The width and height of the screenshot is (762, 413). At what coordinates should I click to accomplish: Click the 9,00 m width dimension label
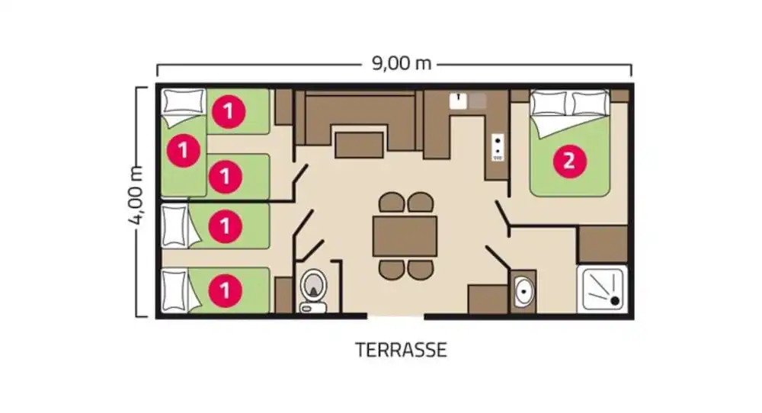point(402,63)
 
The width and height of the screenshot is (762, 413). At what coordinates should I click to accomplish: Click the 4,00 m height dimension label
point(136,195)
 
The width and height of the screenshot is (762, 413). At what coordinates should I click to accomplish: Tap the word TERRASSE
point(401,350)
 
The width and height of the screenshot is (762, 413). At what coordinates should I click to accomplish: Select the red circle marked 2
point(569,161)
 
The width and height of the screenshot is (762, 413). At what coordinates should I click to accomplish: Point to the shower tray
point(602,289)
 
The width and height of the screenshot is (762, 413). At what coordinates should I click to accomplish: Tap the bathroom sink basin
point(523,291)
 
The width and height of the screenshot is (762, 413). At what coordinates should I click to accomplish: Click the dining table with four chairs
point(405,236)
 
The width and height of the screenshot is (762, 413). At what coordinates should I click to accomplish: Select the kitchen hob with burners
point(498,147)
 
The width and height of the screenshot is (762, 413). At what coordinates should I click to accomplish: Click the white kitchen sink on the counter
point(458,101)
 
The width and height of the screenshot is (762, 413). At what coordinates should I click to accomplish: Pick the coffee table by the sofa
point(359,145)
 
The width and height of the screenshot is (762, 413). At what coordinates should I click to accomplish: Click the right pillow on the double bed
point(590,104)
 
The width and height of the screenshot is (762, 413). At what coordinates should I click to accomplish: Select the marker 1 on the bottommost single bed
point(225,290)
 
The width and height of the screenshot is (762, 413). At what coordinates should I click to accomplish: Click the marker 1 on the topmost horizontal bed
point(229,112)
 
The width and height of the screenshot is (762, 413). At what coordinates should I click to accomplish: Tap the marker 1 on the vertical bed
point(183,150)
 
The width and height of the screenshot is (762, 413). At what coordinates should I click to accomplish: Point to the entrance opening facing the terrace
point(395,317)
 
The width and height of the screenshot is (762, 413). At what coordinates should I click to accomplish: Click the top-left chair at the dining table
point(392,203)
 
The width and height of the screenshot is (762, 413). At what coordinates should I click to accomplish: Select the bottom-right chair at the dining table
point(421,270)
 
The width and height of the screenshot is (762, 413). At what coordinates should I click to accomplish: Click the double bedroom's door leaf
point(502,215)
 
